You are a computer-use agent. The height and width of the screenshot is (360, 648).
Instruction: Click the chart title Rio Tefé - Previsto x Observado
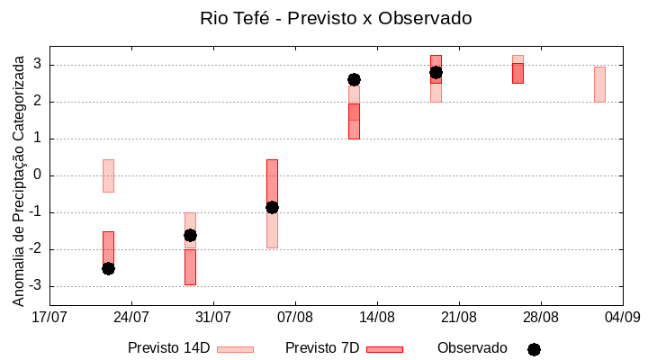[x=336, y=18]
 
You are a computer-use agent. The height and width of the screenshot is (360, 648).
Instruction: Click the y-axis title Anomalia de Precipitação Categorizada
[x=18, y=177]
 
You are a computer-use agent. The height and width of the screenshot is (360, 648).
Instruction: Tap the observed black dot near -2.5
[x=108, y=268]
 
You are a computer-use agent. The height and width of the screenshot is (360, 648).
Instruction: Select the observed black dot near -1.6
[x=190, y=235]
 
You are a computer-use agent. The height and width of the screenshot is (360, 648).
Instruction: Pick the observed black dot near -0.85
[x=272, y=207]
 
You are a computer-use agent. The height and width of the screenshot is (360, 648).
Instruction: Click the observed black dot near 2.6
[x=354, y=79]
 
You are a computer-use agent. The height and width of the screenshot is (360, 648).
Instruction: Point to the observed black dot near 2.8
[x=436, y=72]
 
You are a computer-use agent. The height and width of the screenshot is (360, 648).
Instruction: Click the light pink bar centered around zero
[x=108, y=175]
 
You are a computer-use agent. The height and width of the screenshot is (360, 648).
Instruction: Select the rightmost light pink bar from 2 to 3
[x=599, y=84]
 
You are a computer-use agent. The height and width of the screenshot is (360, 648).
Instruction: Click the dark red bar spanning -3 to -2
[x=190, y=267]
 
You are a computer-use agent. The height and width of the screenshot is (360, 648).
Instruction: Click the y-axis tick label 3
[x=38, y=65]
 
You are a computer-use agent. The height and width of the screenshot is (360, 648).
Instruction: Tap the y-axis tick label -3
[x=35, y=286]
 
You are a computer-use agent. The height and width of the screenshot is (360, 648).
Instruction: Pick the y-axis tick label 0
[x=38, y=175]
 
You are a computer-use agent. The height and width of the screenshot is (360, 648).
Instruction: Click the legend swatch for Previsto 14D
[x=235, y=348]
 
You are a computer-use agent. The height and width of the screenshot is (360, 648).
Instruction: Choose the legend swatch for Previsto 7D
[x=384, y=348]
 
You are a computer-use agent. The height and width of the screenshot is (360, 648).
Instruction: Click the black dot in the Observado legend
[x=534, y=349]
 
